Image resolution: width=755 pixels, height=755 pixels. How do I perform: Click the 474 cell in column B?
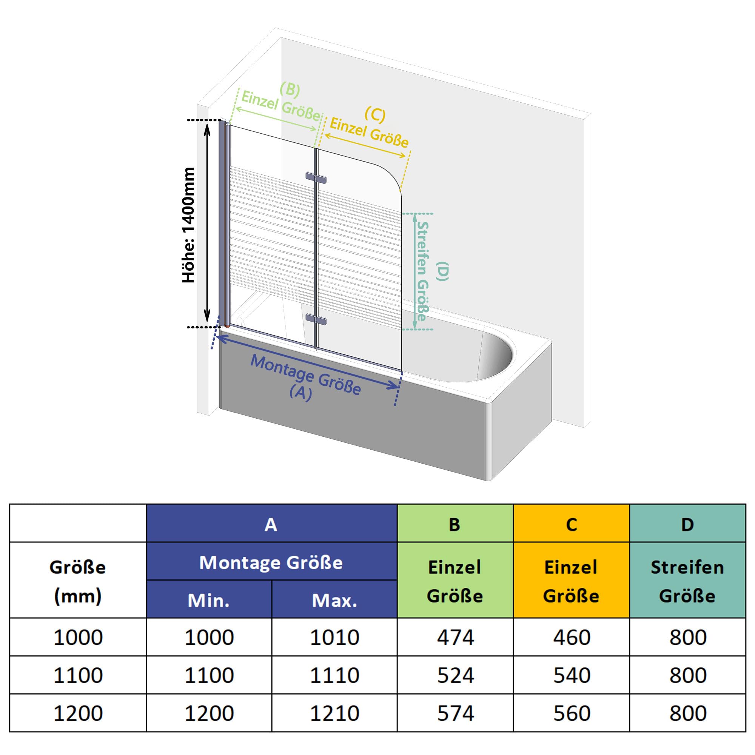(455, 637)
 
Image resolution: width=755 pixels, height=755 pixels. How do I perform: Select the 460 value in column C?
(571, 637)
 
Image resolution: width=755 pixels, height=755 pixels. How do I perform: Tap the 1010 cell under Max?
(334, 637)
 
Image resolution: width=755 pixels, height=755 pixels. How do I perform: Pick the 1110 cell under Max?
(334, 675)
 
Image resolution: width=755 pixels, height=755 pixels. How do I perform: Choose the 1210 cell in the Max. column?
(334, 713)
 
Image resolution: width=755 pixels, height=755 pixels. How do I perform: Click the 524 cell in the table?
(455, 675)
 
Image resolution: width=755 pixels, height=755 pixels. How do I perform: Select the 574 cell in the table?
(455, 713)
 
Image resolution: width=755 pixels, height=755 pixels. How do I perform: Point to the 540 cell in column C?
(571, 675)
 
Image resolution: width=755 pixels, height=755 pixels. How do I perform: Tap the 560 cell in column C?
(571, 713)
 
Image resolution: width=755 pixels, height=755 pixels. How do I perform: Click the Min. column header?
(209, 599)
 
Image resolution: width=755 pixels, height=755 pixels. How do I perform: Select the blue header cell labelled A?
(271, 523)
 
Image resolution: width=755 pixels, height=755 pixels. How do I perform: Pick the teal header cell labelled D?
(687, 523)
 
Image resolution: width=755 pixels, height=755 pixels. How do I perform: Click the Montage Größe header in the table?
(271, 561)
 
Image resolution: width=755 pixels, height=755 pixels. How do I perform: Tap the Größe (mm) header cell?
(78, 580)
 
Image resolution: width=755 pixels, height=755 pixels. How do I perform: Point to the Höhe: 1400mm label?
(188, 225)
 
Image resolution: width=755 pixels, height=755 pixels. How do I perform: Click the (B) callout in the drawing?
(290, 89)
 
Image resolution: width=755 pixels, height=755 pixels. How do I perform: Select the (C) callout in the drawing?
(375, 114)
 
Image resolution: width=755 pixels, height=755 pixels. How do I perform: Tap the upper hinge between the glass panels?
(316, 178)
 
